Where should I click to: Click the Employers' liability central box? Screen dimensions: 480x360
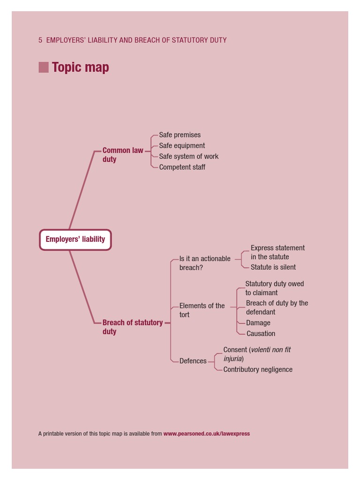75,240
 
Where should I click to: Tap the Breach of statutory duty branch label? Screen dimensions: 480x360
132,327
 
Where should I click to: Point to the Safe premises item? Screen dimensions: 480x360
180,135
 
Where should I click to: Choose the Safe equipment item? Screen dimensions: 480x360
182,146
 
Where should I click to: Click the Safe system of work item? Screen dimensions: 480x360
188,157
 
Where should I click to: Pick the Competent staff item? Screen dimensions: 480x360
182,167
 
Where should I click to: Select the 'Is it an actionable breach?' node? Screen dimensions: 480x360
204,263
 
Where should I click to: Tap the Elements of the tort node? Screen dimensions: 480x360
202,310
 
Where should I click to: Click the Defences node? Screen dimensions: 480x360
193,361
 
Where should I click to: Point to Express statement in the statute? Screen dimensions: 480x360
277,252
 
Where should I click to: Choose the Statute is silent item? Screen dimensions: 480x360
273,267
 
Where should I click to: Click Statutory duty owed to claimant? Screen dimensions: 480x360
274,288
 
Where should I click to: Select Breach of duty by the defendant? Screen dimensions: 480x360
277,307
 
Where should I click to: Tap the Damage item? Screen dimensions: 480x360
258,323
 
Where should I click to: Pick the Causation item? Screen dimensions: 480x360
261,334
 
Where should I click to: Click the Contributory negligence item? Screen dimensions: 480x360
257,369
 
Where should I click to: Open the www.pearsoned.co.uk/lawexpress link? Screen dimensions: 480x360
206,434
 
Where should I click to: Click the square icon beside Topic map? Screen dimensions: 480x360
44,67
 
